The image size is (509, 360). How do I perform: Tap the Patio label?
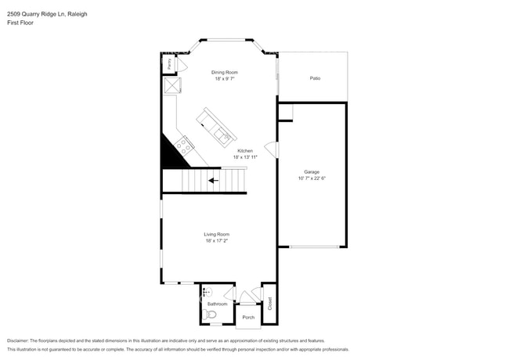[315, 78]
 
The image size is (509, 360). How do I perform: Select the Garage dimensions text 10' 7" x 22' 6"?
[312, 178]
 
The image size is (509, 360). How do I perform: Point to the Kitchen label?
[245, 150]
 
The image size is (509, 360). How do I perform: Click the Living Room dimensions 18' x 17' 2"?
[217, 240]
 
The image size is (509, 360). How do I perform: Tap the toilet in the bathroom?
[209, 315]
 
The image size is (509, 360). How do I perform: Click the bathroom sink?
[207, 291]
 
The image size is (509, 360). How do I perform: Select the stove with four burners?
[186, 144]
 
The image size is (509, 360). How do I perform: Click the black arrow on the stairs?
[212, 181]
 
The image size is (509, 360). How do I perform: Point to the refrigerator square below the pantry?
[171, 85]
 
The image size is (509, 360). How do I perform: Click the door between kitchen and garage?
[271, 149]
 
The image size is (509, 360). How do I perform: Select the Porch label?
[248, 317]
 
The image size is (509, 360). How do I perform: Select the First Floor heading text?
[22, 23]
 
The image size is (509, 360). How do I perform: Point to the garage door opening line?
[312, 247]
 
